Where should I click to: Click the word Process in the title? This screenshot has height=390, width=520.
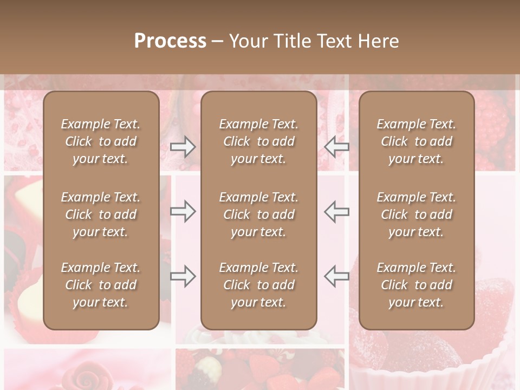170,42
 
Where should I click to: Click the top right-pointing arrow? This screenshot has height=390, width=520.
183,147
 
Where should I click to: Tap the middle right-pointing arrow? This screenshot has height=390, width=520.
183,211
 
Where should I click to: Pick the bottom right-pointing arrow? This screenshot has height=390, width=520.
183,276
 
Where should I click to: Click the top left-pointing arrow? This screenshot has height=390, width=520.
337,146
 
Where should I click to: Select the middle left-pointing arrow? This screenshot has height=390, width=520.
337,211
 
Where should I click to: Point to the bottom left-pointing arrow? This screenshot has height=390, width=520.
337,276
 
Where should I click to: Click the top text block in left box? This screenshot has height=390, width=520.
101,141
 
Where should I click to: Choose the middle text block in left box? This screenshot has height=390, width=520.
101,214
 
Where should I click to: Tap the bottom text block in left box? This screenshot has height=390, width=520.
101,285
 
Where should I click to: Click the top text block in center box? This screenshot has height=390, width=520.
259,141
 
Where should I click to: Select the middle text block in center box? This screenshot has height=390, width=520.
259,214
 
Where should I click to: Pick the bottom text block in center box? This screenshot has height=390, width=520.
259,285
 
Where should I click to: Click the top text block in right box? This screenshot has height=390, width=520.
417,141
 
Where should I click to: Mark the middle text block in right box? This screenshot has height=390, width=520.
417,214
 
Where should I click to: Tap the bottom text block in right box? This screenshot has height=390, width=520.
417,285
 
